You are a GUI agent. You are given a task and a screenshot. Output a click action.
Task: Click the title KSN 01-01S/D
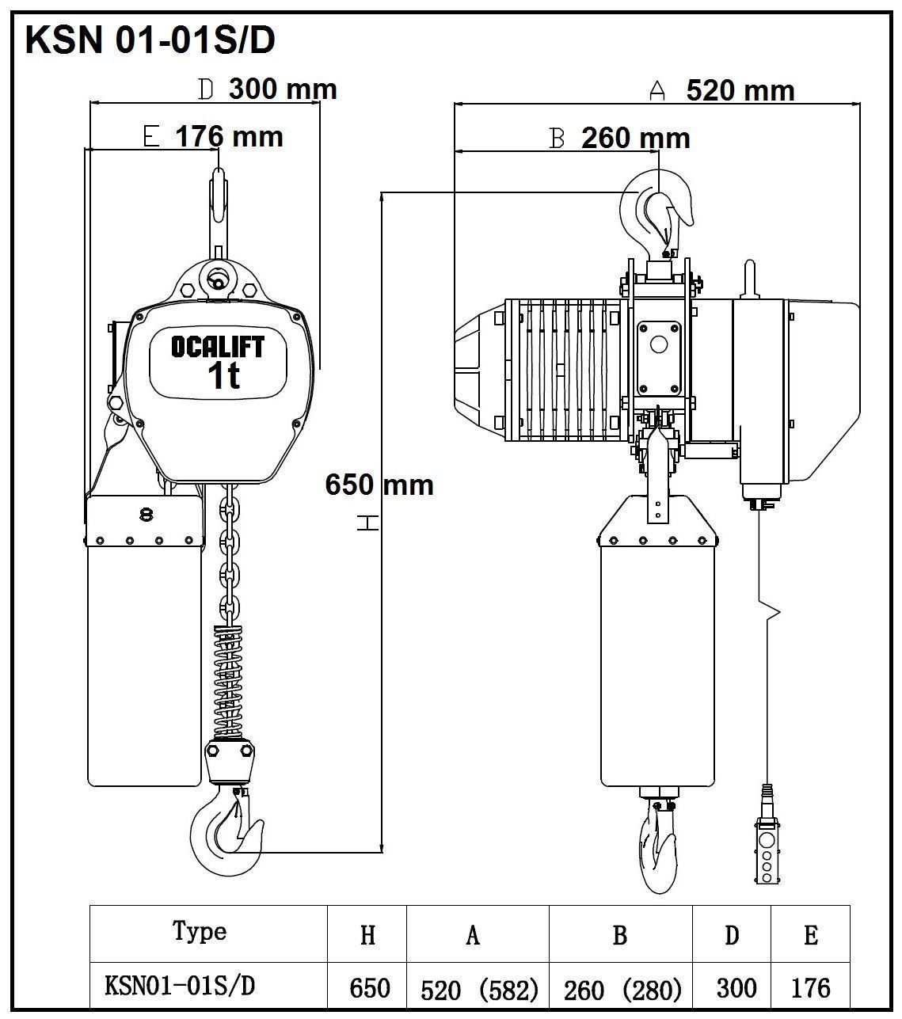tap(150, 40)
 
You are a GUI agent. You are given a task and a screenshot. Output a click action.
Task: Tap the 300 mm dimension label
tap(283, 89)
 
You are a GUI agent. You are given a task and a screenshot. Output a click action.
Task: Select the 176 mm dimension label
tap(229, 136)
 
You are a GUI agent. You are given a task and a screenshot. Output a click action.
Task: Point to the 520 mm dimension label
tap(740, 90)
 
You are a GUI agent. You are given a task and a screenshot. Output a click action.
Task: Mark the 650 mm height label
tap(379, 484)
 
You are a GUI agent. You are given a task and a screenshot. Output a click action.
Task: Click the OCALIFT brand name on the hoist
tap(217, 347)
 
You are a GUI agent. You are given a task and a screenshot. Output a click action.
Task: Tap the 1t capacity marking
tap(223, 377)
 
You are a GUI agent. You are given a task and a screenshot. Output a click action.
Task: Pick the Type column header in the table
tap(200, 932)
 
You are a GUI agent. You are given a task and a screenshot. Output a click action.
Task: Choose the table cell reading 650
tap(369, 987)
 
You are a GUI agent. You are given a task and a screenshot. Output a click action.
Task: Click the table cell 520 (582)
tap(479, 989)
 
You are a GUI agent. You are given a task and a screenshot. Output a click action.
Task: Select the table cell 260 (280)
tap(622, 989)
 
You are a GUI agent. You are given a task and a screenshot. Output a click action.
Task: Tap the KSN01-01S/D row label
tap(181, 986)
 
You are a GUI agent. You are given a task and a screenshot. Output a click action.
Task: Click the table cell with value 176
tap(810, 987)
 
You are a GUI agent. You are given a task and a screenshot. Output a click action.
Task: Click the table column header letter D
tap(732, 935)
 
